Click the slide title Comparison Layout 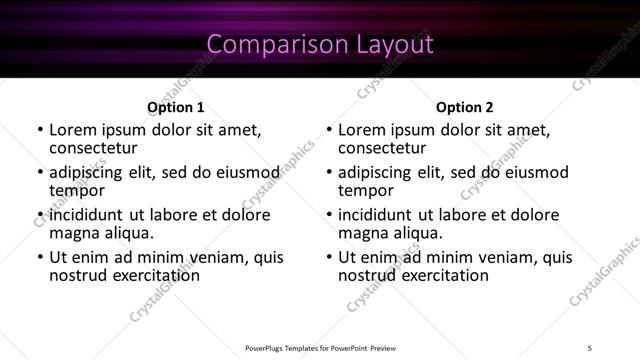pos(320,44)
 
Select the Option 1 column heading pos(175,107)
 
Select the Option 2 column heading pos(464,107)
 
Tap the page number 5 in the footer pos(590,347)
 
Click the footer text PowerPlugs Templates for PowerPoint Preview pos(320,347)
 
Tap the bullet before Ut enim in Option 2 pos(330,258)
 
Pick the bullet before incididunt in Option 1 pos(41,215)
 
